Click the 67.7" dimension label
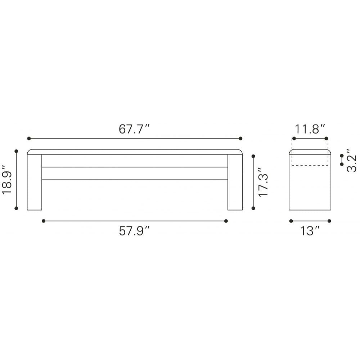[134, 129]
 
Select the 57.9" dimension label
[134, 231]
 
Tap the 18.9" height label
[6, 180]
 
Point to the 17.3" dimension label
[263, 182]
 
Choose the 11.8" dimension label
[310, 129]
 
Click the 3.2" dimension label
[352, 160]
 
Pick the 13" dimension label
[310, 231]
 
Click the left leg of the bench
[35, 182]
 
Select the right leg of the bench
[235, 182]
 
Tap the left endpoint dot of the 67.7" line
[29, 139]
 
